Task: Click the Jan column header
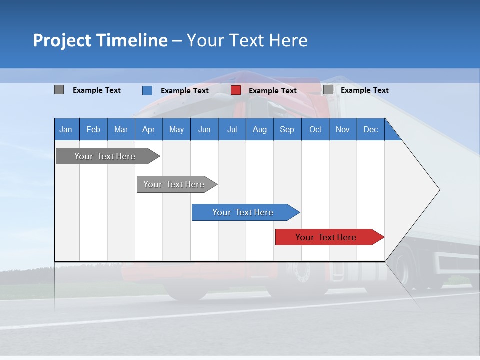click(66, 130)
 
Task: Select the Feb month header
click(93, 130)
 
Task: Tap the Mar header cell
click(121, 130)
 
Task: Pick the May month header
click(176, 130)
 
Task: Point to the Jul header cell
click(232, 130)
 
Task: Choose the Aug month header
click(259, 130)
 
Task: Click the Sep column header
click(287, 130)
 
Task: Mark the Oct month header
click(315, 130)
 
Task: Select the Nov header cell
click(342, 130)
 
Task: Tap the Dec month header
click(370, 130)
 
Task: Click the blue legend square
click(147, 90)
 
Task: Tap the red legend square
click(236, 90)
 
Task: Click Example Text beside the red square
click(273, 91)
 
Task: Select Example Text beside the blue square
click(185, 91)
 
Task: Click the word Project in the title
click(61, 40)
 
